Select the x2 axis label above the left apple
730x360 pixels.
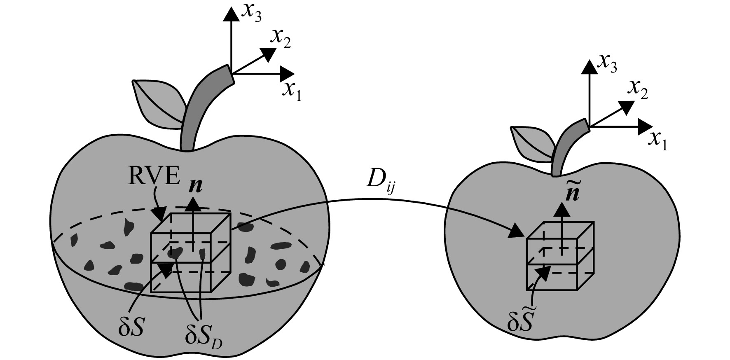[x=280, y=39]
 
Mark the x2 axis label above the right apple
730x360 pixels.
[x=638, y=90]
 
